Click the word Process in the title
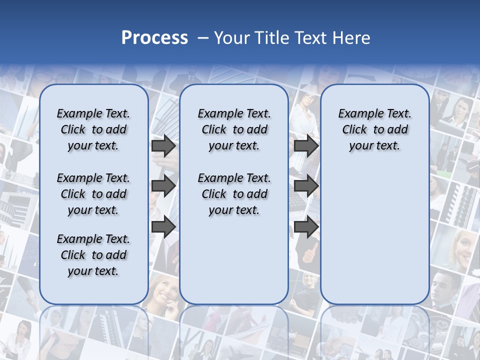[x=154, y=37]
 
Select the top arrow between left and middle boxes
[x=163, y=146]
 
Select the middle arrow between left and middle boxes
[x=163, y=186]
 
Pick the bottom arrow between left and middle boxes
[x=163, y=226]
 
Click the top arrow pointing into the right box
[x=306, y=146]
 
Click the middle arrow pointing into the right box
[x=306, y=186]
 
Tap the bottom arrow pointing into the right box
[x=306, y=226]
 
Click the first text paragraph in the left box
[x=93, y=129]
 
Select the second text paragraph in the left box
[x=93, y=194]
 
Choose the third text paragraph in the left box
[x=93, y=255]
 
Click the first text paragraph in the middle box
[x=234, y=129]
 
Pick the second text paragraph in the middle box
[x=234, y=194]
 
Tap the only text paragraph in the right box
[x=374, y=129]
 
